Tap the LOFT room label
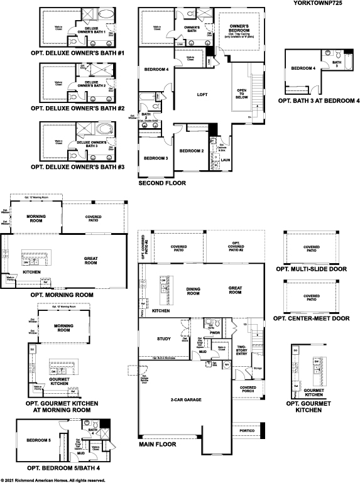(202, 94)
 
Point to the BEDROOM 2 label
(191, 151)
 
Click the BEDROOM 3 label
(155, 158)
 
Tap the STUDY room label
(164, 339)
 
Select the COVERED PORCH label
(248, 390)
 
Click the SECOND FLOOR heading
(161, 186)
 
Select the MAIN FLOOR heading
(157, 443)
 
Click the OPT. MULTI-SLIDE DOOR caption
(311, 268)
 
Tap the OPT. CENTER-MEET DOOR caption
(312, 318)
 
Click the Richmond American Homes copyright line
(53, 480)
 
